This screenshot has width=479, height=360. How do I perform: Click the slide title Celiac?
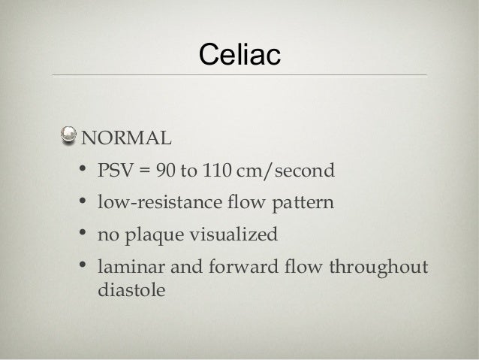(x=239, y=54)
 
